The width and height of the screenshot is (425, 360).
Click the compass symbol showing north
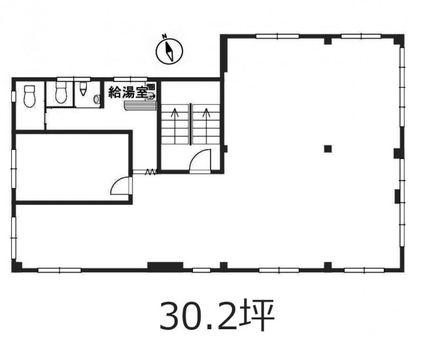(x=169, y=51)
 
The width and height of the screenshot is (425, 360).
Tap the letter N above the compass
(x=164, y=36)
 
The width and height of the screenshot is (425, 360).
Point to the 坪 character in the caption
(x=257, y=315)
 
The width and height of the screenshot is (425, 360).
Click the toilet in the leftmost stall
(x=29, y=96)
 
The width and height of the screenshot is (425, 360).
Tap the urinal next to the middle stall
(x=83, y=90)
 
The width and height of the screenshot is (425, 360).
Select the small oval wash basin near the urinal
(x=96, y=99)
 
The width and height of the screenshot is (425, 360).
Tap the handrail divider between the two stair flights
(x=190, y=124)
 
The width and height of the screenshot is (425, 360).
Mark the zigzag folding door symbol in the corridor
(x=151, y=172)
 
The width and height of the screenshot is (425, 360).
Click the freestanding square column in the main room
(x=328, y=149)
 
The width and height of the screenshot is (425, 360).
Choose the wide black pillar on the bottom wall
(x=165, y=266)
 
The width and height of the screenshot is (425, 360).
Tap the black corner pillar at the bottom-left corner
(x=17, y=266)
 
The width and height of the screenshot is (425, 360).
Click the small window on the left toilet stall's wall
(x=13, y=97)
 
